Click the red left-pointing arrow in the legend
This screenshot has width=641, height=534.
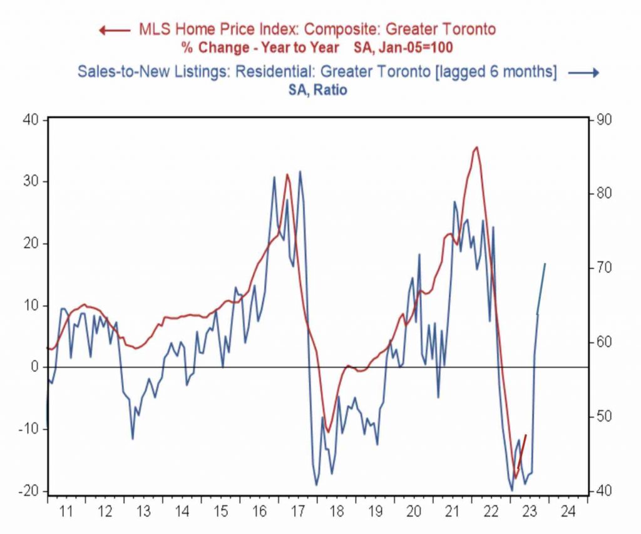tap(115, 30)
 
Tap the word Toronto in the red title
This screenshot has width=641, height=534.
tap(469, 29)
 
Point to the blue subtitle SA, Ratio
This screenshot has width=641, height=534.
tap(318, 90)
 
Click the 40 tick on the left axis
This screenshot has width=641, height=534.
tap(30, 119)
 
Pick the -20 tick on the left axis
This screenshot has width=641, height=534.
tap(28, 491)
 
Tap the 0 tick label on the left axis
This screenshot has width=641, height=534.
tap(34, 366)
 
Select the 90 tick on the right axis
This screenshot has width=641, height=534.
tap(604, 120)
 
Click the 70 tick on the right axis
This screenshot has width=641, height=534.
tap(604, 268)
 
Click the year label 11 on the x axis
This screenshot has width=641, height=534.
tap(66, 511)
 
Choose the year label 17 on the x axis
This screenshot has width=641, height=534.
tap(299, 511)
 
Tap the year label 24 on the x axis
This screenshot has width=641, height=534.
tap(568, 511)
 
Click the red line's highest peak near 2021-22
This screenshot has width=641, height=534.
tap(476, 147)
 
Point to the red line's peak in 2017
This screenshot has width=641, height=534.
tap(287, 174)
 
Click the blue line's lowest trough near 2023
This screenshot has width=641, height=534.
tap(512, 490)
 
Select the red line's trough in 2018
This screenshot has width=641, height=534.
tap(327, 432)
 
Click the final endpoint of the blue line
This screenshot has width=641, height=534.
tap(545, 264)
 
